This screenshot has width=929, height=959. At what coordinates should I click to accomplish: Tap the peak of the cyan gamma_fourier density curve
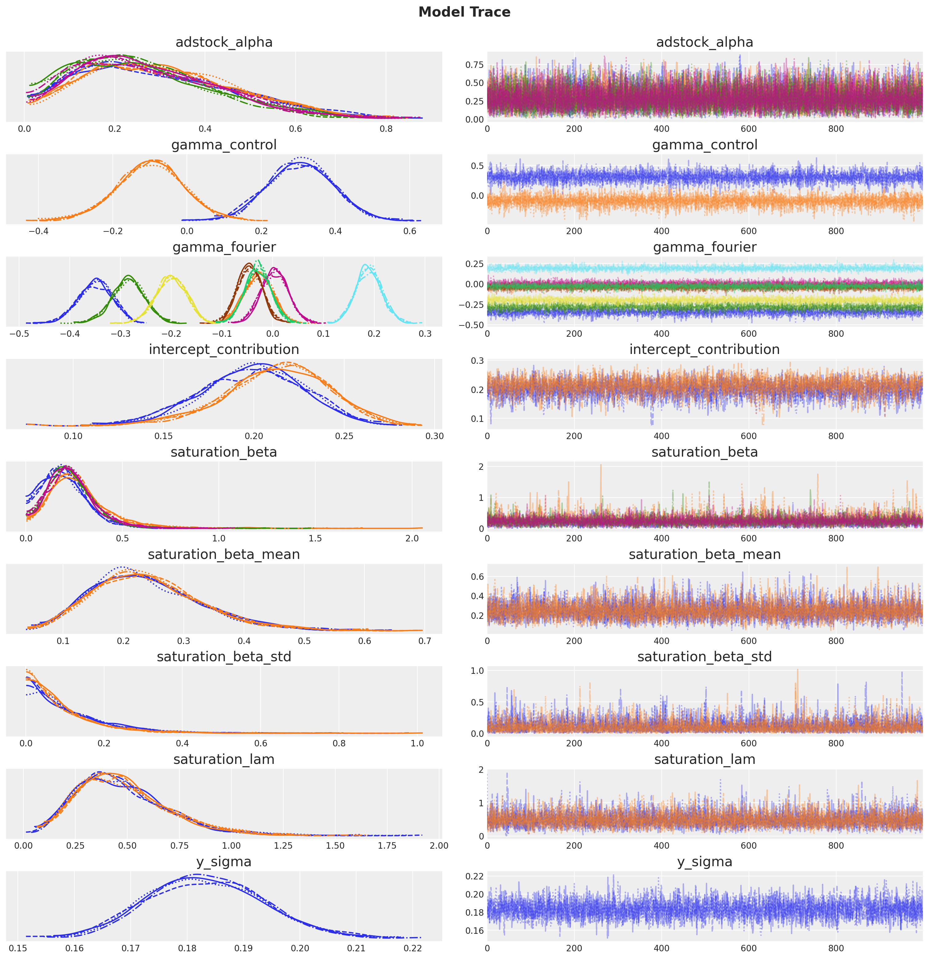365,265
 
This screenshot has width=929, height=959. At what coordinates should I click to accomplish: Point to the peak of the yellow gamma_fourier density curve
170,276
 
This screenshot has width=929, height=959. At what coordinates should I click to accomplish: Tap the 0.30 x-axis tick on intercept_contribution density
435,436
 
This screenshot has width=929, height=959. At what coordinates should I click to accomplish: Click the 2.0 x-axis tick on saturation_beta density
412,538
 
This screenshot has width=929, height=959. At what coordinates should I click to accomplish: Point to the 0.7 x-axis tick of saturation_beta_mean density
425,641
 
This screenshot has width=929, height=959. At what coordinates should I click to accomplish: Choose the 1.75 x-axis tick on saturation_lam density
387,846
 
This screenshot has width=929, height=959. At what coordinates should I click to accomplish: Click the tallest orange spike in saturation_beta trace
600,465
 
